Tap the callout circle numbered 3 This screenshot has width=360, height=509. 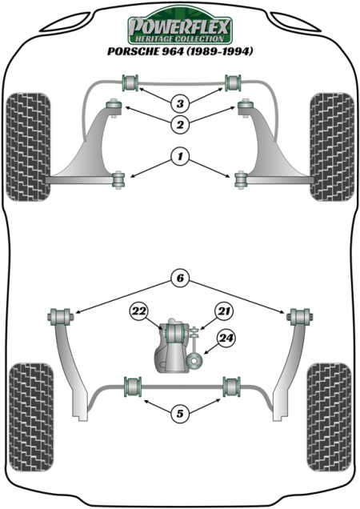click(180, 103)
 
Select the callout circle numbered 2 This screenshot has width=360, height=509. click(180, 124)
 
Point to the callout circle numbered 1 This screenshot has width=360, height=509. click(180, 159)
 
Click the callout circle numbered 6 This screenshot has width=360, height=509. click(180, 279)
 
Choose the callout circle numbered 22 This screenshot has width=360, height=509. click(140, 312)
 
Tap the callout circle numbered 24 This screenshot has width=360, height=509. click(226, 339)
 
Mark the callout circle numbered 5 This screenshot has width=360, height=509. click(180, 413)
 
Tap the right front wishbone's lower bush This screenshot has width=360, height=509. click(242, 179)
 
